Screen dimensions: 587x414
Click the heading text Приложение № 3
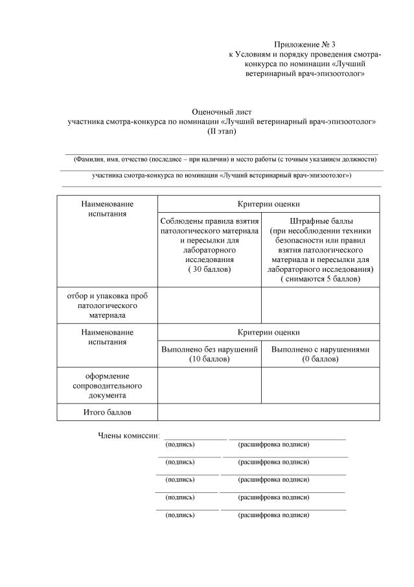(x=305, y=45)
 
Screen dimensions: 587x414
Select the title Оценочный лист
(x=222, y=112)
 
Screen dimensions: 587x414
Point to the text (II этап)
(x=222, y=131)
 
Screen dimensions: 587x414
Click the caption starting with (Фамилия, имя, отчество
(x=225, y=159)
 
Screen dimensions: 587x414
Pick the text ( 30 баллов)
(x=209, y=269)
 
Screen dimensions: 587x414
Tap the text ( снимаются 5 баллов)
(x=320, y=278)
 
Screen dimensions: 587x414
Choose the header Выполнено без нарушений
(x=209, y=349)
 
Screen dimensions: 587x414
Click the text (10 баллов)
(x=209, y=359)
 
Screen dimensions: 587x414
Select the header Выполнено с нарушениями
(x=320, y=349)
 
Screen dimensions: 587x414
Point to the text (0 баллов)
(x=320, y=359)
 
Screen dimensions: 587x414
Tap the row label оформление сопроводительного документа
(x=107, y=385)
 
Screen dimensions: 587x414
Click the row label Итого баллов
(x=107, y=412)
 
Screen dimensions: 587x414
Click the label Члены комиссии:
(x=128, y=435)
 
